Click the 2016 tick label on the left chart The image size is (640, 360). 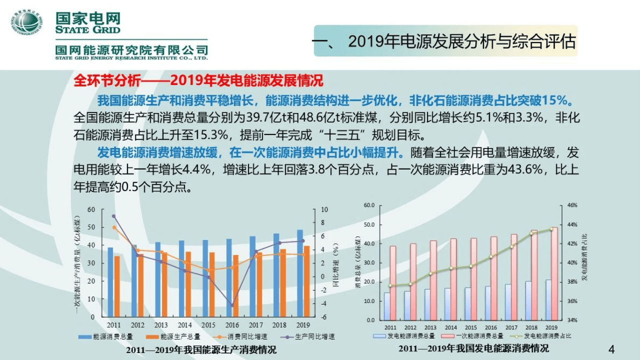coord(232,325)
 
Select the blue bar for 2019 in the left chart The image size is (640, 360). coord(300,273)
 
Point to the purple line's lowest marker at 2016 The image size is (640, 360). coord(232,305)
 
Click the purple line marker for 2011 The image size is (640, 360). coord(113,216)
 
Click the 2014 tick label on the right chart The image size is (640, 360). coord(451,327)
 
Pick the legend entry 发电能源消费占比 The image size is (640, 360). coord(549,336)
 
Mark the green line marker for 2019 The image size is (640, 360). coord(551,229)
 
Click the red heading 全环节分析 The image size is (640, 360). coord(104,81)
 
